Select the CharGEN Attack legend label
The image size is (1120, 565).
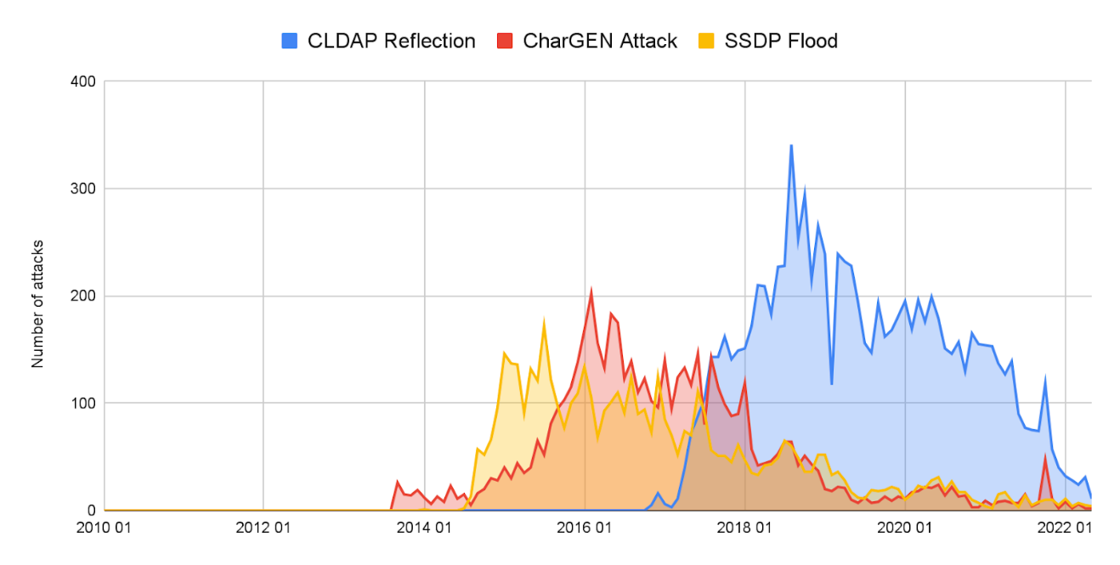click(x=600, y=40)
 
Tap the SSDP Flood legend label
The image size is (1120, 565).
click(x=781, y=40)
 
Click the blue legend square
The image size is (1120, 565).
click(x=289, y=40)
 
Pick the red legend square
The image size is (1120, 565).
click(x=504, y=40)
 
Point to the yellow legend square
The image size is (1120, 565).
click(x=706, y=40)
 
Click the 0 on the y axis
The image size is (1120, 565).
click(x=91, y=510)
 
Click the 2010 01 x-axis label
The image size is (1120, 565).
click(x=105, y=528)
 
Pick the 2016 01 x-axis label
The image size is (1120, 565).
click(x=585, y=528)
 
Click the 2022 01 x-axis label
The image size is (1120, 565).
click(x=1065, y=528)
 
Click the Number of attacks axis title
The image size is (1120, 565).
click(x=38, y=303)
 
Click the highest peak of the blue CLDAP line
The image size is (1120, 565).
click(x=791, y=145)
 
